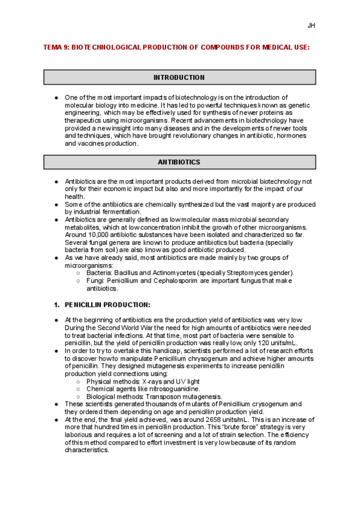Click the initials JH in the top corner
311,26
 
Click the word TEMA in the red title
54,47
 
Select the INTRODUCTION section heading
179,77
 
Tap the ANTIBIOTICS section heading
179,162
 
